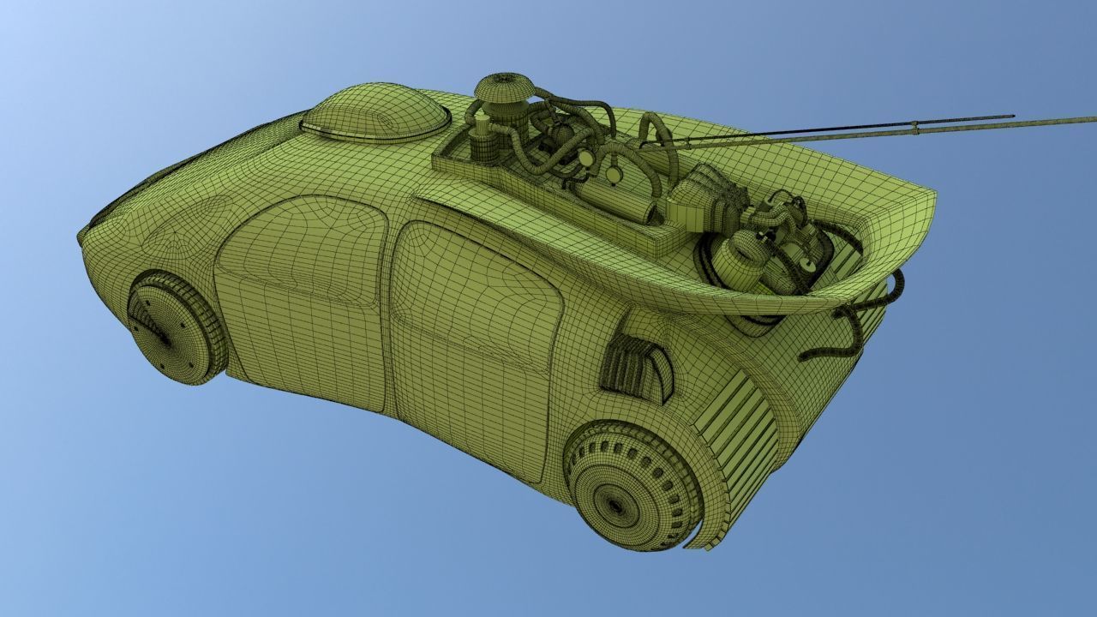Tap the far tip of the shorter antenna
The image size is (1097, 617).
tap(1012, 117)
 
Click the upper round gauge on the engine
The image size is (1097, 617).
tap(586, 159)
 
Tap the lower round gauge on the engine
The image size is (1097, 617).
tap(614, 174)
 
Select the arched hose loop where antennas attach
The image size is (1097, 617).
tap(656, 137)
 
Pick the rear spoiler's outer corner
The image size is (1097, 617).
tap(932, 201)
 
